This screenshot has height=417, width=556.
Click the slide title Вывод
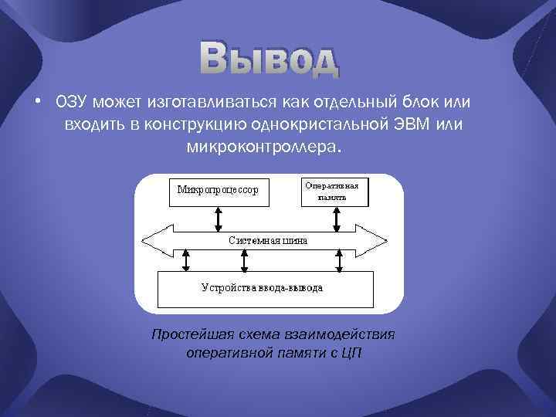click(269, 60)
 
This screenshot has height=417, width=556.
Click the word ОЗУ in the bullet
click(69, 103)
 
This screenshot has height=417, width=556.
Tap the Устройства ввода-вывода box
click(263, 288)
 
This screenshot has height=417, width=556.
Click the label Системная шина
click(268, 240)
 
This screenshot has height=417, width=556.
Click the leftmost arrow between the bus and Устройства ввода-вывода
click(185, 260)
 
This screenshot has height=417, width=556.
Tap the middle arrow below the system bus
click(244, 260)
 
